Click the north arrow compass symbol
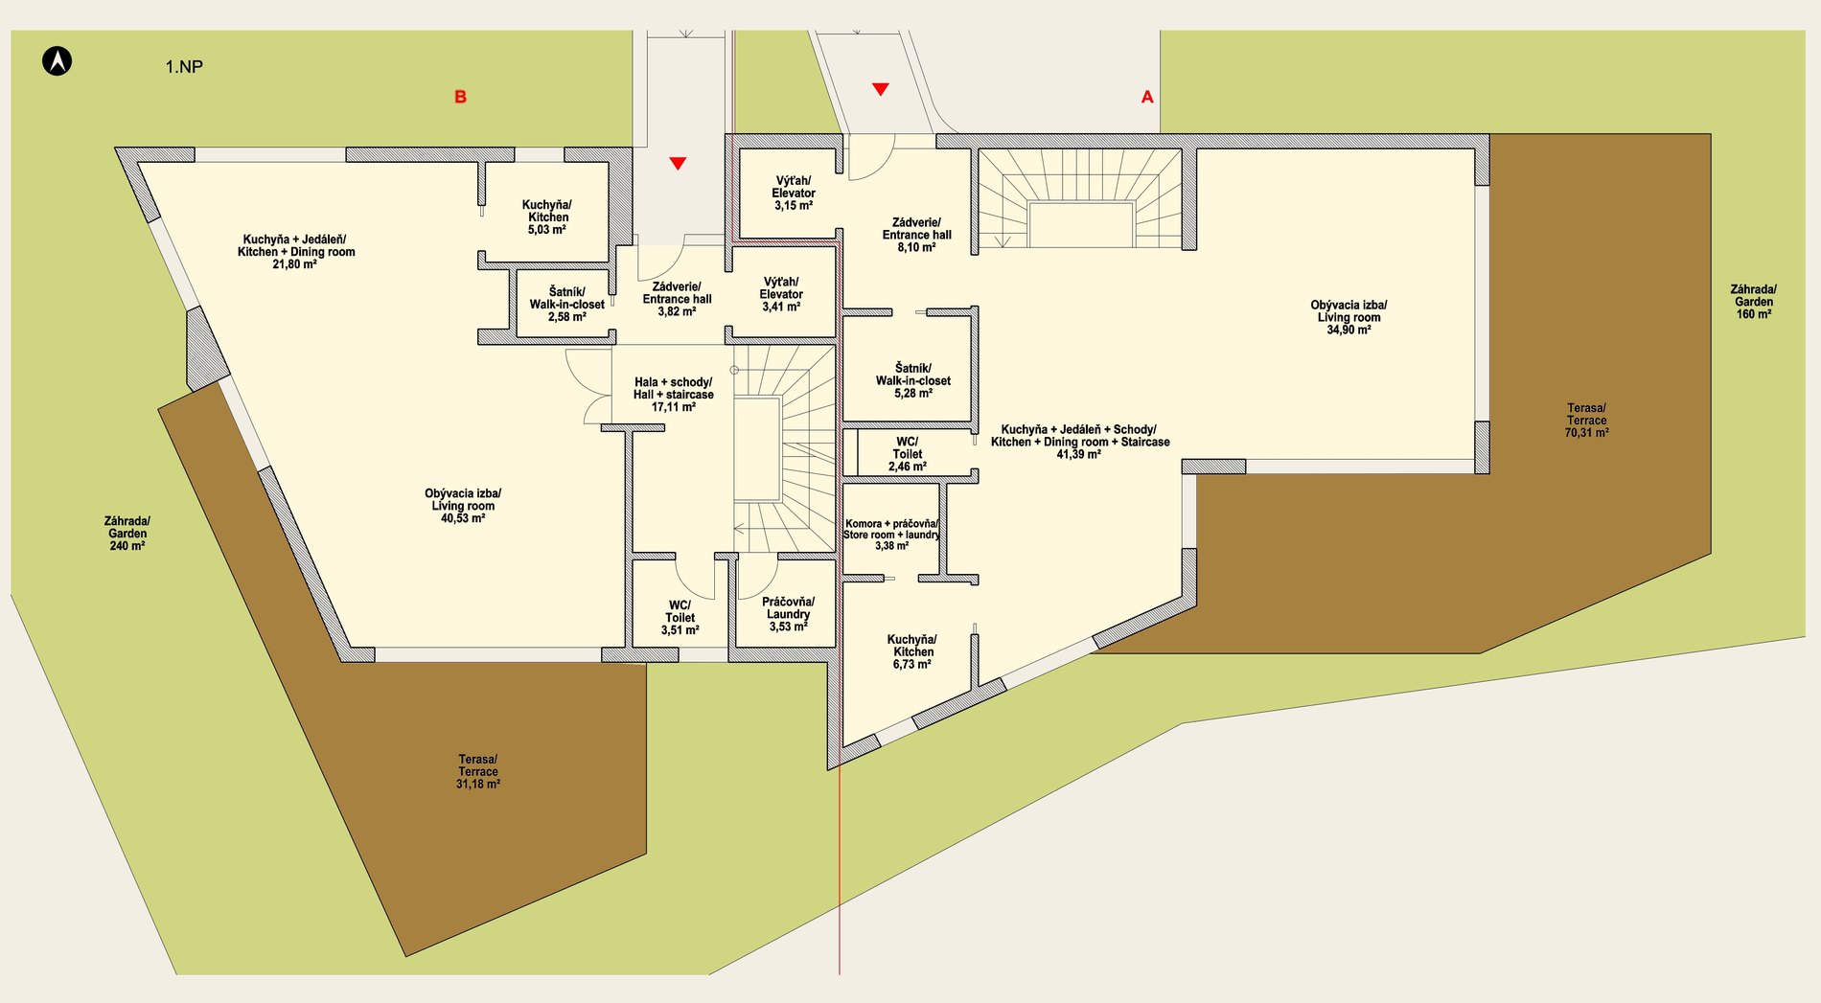(58, 61)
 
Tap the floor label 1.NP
(184, 67)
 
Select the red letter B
(460, 97)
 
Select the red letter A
(1147, 97)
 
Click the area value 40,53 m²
(463, 518)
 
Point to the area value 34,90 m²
(1348, 330)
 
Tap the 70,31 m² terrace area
(1586, 433)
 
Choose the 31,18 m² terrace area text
(478, 784)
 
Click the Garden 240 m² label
(127, 534)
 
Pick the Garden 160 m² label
(1753, 302)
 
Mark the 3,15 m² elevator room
(794, 194)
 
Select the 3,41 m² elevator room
(782, 294)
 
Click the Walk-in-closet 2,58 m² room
(566, 304)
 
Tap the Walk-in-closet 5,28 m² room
(912, 380)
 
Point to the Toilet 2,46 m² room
(907, 454)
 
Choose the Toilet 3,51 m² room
(680, 618)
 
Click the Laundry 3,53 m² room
(788, 614)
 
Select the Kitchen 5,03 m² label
(547, 217)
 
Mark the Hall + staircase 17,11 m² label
(674, 395)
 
